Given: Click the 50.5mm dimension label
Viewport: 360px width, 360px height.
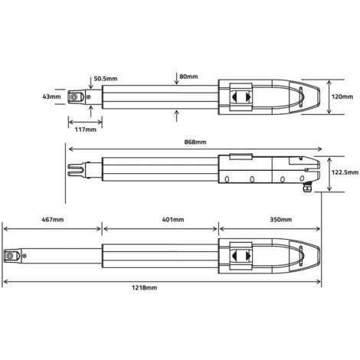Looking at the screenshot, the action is pos(106,78).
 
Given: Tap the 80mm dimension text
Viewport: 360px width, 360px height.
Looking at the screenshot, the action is pos(188,77).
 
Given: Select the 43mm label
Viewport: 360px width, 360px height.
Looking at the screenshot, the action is pos(51,97).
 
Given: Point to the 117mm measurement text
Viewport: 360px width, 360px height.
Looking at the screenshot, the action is pos(86,129).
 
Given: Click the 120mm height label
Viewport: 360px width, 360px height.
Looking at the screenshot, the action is pos(342,97).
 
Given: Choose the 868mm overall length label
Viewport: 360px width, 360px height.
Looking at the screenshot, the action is pos(195,142).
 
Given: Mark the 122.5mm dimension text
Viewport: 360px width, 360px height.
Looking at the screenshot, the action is pos(345,172).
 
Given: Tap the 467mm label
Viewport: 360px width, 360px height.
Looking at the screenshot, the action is pos(53,219).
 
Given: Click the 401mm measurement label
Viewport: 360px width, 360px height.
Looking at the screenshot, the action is pos(173,219).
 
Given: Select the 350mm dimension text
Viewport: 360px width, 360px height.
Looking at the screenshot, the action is pos(281,219).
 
